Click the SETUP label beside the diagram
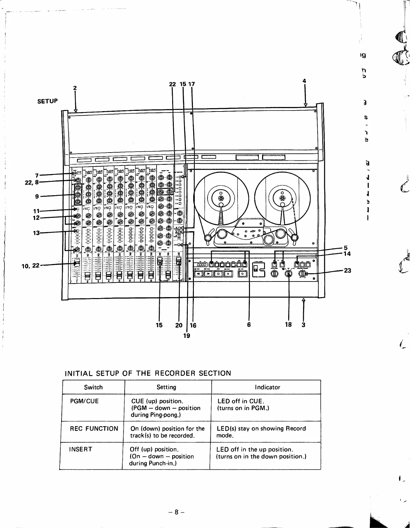pos(48,101)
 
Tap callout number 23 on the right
pos(348,270)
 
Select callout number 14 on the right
pos(347,254)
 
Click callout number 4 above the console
pos(304,81)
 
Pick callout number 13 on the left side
pos(36,233)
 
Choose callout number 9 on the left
pos(37,196)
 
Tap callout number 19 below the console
pos(187,335)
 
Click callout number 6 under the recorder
pos(249,325)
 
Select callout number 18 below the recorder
pos(288,325)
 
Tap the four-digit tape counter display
pos(202,265)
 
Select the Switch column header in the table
pos(93,387)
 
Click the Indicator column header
pos(267,387)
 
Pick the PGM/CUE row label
pos(84,401)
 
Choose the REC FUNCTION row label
pos(94,429)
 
